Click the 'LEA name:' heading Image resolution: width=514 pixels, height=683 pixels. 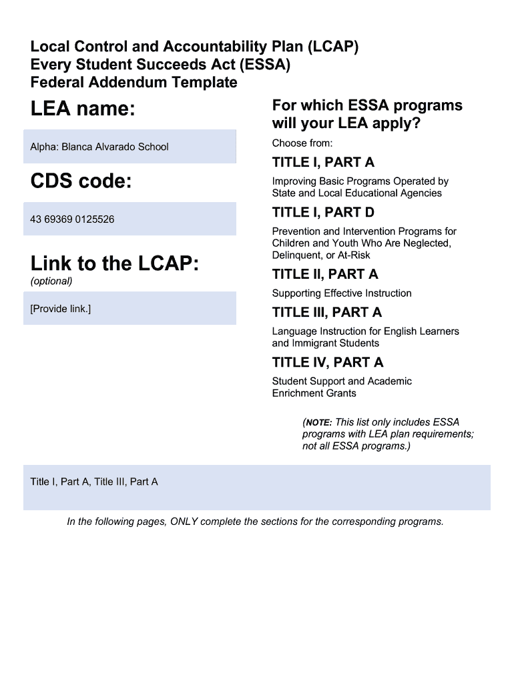[83, 109]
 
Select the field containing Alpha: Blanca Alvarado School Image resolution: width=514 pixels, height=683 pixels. [130, 147]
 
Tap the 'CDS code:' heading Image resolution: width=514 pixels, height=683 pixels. [81, 181]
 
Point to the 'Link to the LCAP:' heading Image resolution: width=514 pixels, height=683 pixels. [114, 264]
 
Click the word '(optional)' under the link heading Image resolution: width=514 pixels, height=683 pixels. [51, 281]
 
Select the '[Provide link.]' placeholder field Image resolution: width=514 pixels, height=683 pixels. [130, 309]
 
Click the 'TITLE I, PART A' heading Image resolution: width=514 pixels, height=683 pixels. [323, 162]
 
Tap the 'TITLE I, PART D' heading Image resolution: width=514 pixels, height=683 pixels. [323, 212]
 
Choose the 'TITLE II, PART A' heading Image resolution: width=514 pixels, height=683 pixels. [325, 274]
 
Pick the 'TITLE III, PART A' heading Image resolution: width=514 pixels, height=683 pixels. [327, 312]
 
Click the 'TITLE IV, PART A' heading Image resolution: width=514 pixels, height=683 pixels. [328, 362]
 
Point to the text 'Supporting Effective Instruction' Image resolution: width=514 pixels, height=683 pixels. [342, 293]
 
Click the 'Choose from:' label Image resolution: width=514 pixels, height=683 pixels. [302, 143]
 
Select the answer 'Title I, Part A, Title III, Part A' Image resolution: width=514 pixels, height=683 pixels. [94, 482]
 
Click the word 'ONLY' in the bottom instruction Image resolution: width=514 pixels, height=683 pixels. [184, 522]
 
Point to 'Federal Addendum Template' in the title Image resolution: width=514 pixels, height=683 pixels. [134, 83]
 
